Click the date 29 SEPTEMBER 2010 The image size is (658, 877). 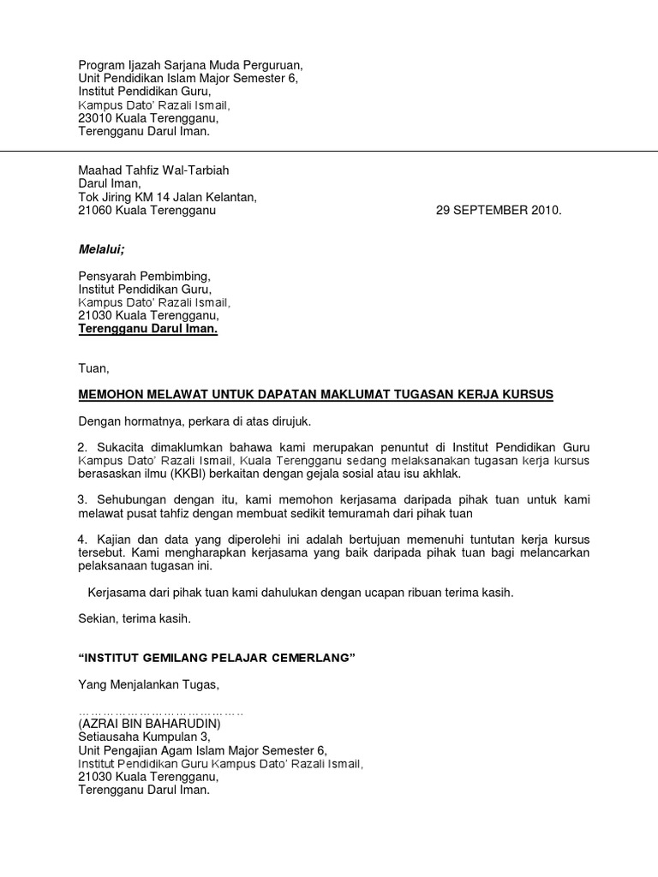499,211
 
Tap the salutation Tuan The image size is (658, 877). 93,368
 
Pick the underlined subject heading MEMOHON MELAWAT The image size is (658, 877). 315,394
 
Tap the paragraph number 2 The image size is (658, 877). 82,447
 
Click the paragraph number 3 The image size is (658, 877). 82,499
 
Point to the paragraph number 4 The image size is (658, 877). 82,540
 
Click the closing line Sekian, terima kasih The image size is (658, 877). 135,617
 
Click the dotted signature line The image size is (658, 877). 161,712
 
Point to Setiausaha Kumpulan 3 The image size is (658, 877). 143,737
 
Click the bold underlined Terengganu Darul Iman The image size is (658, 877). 148,330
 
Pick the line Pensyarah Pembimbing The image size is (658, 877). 143,276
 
